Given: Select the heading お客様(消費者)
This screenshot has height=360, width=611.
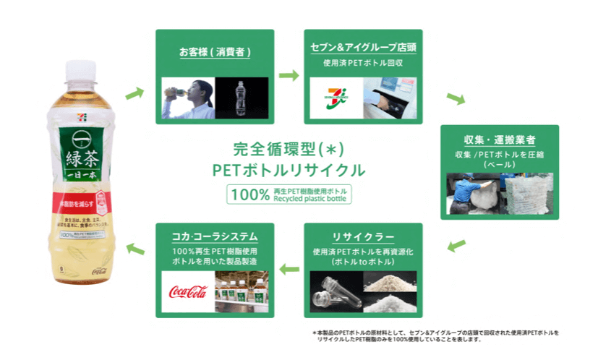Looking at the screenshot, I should pos(215,52).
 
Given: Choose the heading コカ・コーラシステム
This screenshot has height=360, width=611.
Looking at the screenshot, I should pos(215,236).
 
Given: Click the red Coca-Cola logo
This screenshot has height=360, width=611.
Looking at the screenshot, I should pos(188,291).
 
